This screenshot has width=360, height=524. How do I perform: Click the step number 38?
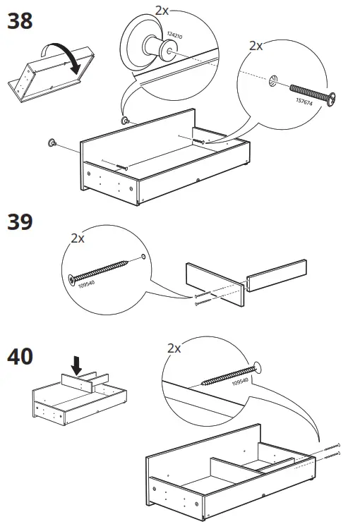coord(20,22)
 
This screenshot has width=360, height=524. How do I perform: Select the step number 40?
coord(20,357)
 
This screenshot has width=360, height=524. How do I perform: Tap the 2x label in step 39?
coord(78,238)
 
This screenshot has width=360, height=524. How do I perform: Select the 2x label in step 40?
coord(174,348)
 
